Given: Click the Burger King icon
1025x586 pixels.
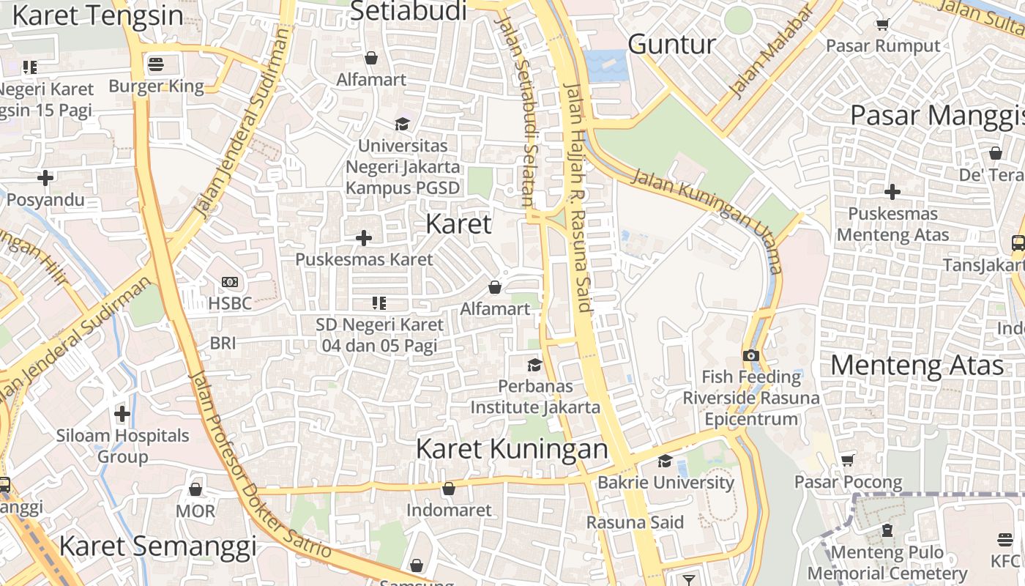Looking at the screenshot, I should coord(155,64).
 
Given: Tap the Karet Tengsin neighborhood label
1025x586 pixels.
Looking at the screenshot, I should coord(97,15).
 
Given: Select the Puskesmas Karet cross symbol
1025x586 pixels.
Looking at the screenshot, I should coord(363,238).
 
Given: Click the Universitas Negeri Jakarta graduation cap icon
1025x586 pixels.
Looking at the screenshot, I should coord(402,124).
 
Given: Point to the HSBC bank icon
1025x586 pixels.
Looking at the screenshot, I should coord(229,282).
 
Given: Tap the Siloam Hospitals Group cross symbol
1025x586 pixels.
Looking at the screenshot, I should coord(122,415).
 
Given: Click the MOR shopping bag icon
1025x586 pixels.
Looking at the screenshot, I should coord(195,489).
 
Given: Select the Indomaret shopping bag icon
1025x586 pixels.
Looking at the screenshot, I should coord(448,489).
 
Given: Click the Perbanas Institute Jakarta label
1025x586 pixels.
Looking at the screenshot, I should coord(535,396).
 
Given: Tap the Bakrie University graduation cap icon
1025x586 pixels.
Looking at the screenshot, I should coord(665,461).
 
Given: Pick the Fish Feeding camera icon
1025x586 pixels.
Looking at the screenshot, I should coord(750,355).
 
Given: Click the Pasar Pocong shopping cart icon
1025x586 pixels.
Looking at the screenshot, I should coord(848,460).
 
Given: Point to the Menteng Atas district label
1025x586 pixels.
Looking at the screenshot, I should coord(917,365).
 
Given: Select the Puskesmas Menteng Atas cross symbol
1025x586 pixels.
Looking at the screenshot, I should coord(892,193).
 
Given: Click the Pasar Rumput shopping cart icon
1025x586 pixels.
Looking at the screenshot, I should coord(882,24).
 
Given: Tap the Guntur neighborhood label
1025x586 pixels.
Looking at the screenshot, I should coord(671,45).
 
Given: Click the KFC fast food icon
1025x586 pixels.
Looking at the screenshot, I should coord(1004,540).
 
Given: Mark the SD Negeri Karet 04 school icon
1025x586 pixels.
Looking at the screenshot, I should coord(379,303).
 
